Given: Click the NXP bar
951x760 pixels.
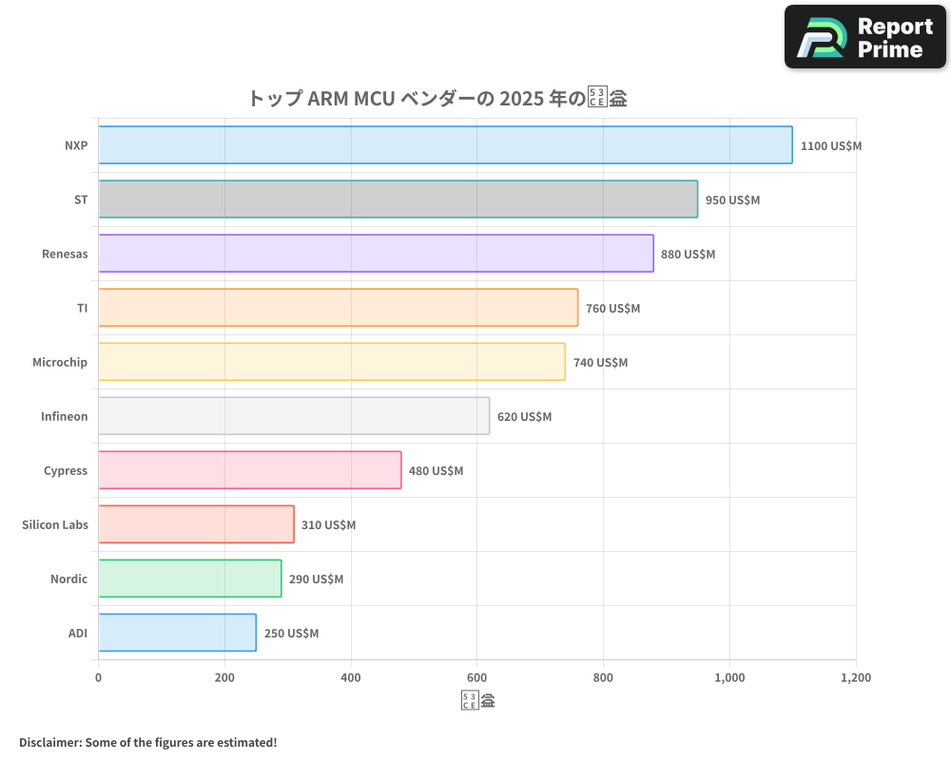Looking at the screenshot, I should (445, 145).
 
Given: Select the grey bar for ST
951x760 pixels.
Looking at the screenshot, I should (398, 199).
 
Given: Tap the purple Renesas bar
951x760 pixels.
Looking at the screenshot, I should (376, 254).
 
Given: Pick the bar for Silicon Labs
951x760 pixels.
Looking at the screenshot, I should (196, 524).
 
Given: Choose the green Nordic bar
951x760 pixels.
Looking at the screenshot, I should (189, 579).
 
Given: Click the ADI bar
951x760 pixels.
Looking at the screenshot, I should (177, 633).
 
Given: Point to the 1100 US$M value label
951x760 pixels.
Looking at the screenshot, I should (830, 146).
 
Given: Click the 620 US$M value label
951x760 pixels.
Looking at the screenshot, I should (524, 417).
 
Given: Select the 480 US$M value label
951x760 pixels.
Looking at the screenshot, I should (436, 471).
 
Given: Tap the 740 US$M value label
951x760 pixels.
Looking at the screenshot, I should (600, 363).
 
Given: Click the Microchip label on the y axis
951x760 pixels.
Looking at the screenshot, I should (60, 363).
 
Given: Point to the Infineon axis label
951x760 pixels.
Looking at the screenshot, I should (64, 417).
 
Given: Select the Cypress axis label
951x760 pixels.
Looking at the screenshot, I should (66, 471).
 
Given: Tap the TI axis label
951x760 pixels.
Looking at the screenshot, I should (82, 309).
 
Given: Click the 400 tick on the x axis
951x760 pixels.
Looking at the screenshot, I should (351, 678).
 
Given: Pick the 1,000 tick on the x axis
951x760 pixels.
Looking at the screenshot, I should (729, 678).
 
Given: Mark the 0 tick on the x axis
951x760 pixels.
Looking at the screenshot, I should (98, 678).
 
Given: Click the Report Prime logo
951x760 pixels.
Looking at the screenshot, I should (865, 37).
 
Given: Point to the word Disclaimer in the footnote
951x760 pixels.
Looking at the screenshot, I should (49, 742).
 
